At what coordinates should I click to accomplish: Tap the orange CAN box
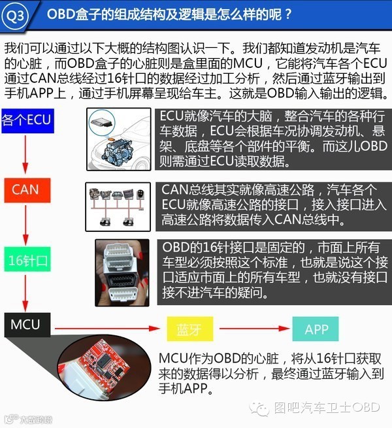coord(26,190)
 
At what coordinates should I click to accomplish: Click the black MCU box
coord(26,325)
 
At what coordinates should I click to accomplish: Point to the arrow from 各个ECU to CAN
coord(25,155)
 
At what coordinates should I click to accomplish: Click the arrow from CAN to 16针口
coord(25,225)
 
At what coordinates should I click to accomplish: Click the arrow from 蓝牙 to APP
coord(252,329)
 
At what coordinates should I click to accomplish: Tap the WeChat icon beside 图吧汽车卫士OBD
coord(262,408)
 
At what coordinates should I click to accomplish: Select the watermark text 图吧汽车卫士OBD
coord(327,408)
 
